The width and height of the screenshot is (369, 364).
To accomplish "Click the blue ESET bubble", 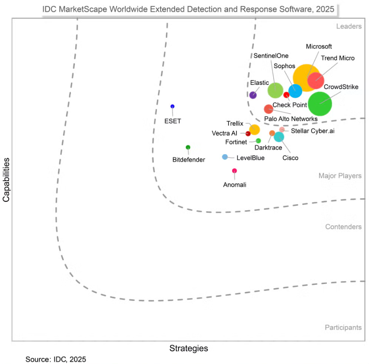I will coord(172,106).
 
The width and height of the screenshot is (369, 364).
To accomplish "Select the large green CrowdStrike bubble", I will coord(320,104).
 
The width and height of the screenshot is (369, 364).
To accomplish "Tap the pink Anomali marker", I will coord(234,171).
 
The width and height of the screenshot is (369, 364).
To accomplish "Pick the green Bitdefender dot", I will coord(188,147).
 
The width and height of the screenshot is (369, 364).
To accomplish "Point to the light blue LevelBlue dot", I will coord(225,157).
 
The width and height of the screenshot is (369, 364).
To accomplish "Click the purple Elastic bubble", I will coord(253,95).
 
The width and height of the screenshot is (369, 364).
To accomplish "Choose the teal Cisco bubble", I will coord(279,137).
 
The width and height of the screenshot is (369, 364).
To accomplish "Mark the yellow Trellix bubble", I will coord(254,129).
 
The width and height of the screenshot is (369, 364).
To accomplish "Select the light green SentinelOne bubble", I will coord(275,90).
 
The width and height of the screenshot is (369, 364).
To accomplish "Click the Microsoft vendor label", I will coord(319,46).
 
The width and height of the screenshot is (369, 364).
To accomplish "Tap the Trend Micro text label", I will coord(338,58).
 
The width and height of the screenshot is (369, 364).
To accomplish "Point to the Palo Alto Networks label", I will coord(291,119).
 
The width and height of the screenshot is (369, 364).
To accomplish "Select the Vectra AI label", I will coord(224,133).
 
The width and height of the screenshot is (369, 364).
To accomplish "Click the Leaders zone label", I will coord(349,27).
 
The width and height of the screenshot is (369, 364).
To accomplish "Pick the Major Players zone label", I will coord(340,176).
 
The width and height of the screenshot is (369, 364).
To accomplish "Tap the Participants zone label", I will coord(343,327).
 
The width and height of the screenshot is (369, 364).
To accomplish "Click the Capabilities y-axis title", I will coord(6,181).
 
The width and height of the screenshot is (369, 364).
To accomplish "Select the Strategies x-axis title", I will coord(189,348).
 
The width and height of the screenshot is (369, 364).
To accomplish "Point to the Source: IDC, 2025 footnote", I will coord(56,359).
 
